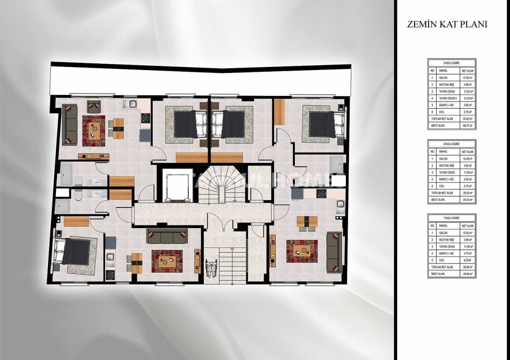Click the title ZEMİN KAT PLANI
(x=447, y=24)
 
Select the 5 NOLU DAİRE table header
(x=451, y=63)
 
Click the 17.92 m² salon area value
(x=467, y=78)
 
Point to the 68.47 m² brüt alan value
(x=467, y=125)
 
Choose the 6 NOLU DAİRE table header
(x=451, y=144)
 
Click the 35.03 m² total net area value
(x=467, y=193)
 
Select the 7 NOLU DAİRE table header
(x=451, y=218)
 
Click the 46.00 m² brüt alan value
(x=467, y=274)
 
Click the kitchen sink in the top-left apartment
(x=130, y=104)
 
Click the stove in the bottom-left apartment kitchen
(x=110, y=274)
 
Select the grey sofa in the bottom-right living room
(x=334, y=252)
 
